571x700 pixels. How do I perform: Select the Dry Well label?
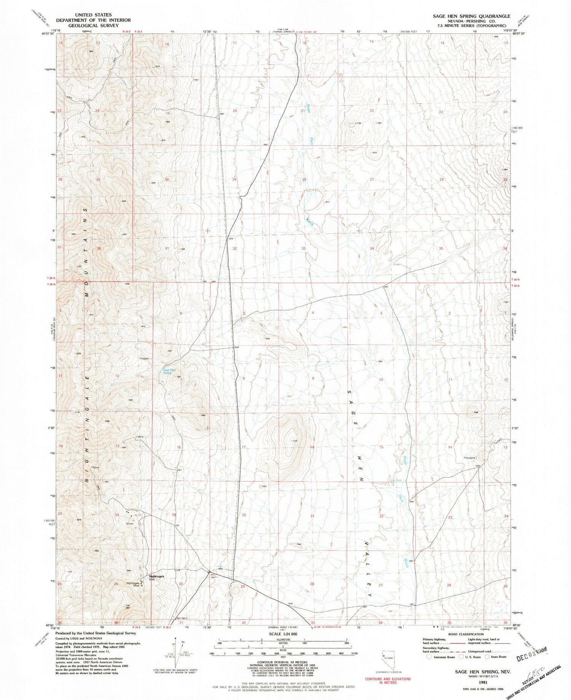396,480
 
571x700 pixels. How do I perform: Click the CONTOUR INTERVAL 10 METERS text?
283,663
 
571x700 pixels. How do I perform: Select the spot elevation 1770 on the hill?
294,441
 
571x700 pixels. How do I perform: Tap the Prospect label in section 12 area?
145,358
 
